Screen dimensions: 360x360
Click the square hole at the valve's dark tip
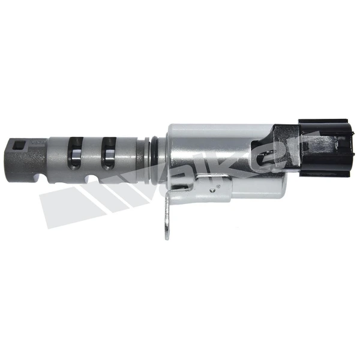[x=18, y=145]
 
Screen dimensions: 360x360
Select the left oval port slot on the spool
[x=75, y=153]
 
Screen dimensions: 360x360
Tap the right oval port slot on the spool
[x=109, y=153]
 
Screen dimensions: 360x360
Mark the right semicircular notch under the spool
[x=92, y=179]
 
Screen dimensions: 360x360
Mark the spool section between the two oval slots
[x=92, y=153]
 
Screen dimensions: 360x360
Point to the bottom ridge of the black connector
[x=324, y=173]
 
